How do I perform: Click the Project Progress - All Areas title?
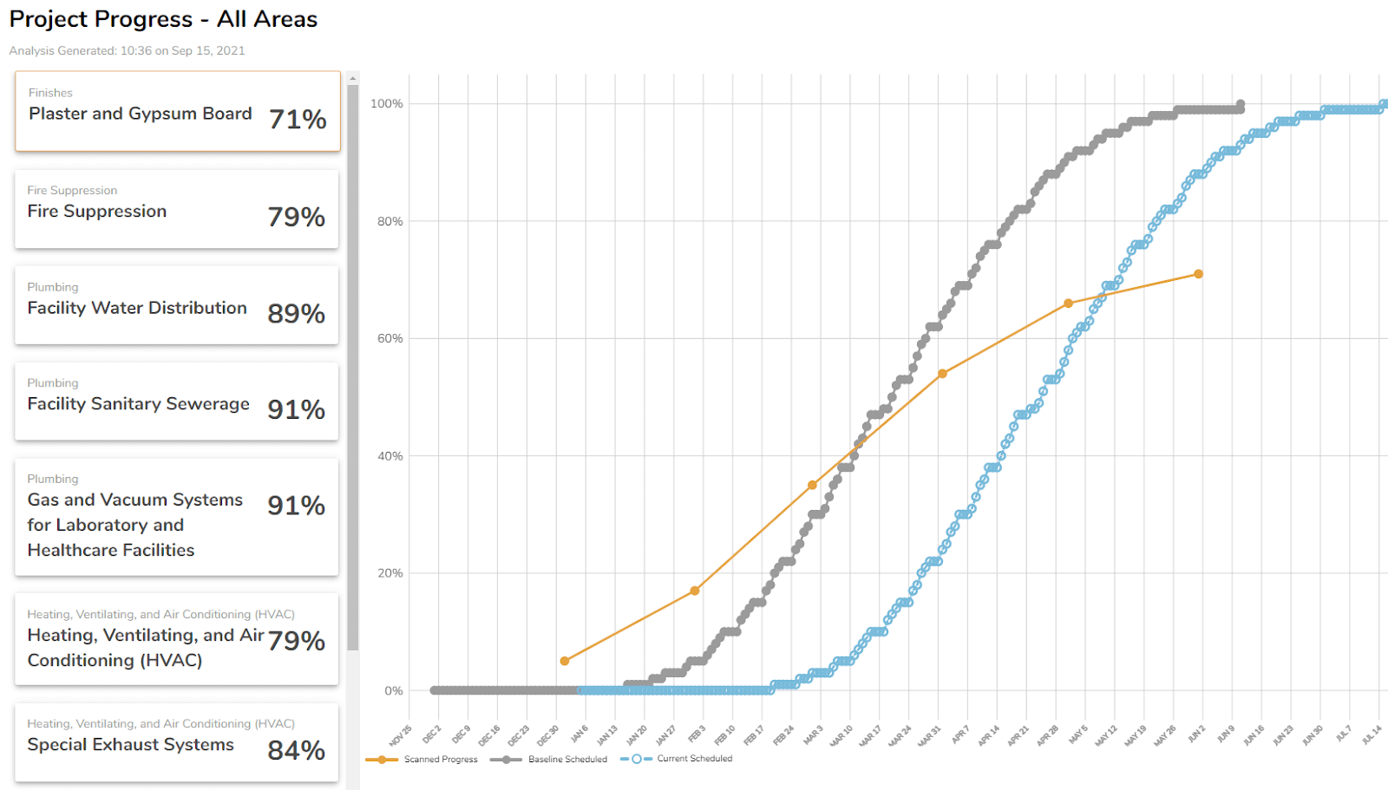(x=163, y=19)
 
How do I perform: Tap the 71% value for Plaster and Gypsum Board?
(x=298, y=120)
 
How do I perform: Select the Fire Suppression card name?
(x=97, y=212)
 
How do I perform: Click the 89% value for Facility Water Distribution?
(x=296, y=314)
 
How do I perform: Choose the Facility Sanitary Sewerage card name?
(x=138, y=404)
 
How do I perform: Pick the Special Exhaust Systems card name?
(x=130, y=745)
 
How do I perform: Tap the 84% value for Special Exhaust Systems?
(x=296, y=751)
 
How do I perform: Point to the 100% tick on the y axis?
(x=386, y=104)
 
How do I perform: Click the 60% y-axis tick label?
(x=390, y=339)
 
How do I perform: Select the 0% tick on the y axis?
(x=393, y=691)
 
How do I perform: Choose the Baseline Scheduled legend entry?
(x=567, y=760)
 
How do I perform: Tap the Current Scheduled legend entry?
(x=694, y=759)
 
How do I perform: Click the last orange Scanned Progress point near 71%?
(x=1198, y=274)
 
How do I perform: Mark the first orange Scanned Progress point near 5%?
(x=565, y=661)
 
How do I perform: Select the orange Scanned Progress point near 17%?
(x=695, y=591)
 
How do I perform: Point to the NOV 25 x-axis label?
(x=401, y=736)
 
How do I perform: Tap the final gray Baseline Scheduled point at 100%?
(x=1241, y=104)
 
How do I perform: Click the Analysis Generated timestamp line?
(x=127, y=51)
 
